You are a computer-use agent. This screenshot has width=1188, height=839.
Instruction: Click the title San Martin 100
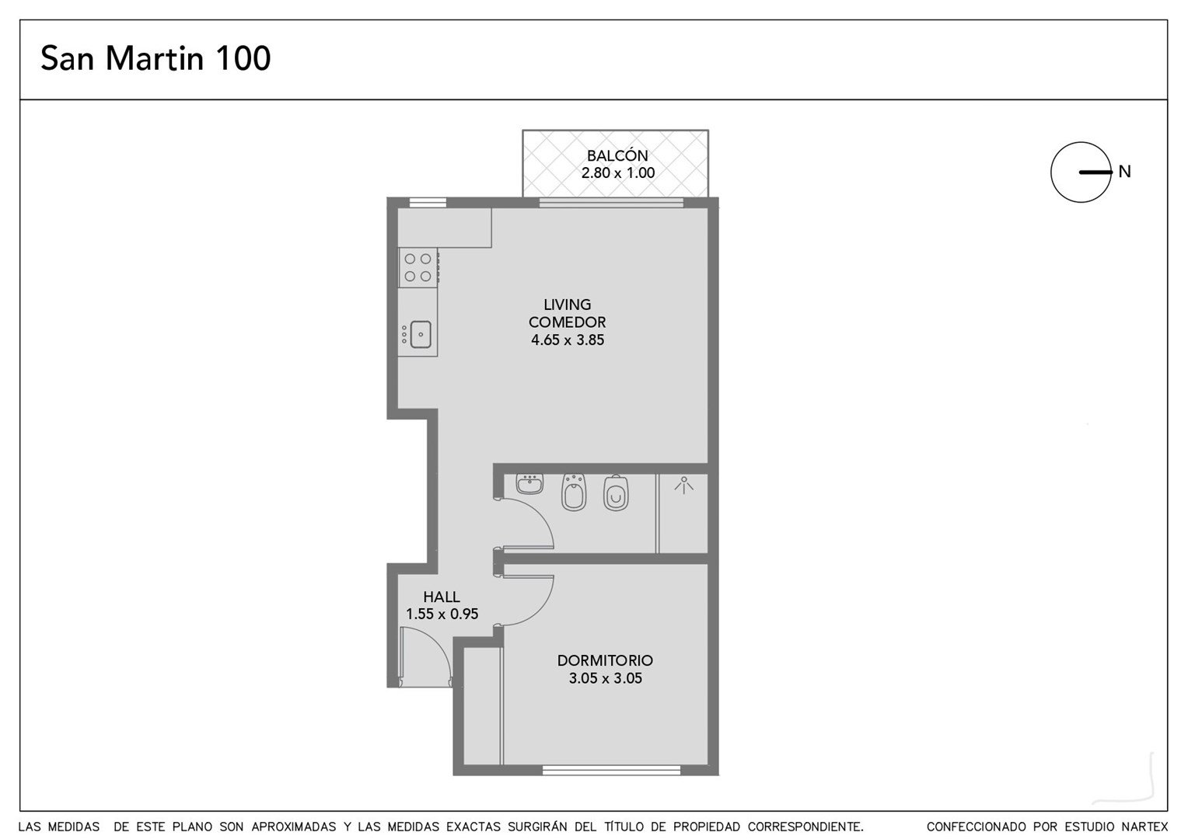click(155, 57)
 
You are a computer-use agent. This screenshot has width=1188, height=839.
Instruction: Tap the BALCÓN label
click(617, 155)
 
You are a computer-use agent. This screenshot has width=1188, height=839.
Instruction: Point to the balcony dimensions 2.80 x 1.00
click(618, 172)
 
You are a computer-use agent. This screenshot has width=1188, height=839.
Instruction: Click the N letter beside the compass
click(1124, 172)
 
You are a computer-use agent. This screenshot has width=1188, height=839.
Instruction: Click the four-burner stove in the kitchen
click(418, 268)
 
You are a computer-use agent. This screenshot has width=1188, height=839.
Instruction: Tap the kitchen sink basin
click(421, 334)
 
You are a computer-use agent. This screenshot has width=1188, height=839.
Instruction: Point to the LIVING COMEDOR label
click(567, 313)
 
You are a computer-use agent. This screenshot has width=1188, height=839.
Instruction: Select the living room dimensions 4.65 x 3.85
click(568, 339)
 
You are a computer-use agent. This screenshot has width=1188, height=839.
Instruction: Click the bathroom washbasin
click(529, 484)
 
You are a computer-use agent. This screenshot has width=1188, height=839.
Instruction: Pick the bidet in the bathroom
click(573, 493)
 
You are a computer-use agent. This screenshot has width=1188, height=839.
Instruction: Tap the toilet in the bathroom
click(616, 493)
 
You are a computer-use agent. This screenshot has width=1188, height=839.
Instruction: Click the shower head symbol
click(684, 485)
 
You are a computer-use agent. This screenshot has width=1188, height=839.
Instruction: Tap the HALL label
click(442, 597)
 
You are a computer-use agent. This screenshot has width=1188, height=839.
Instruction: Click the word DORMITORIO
click(605, 660)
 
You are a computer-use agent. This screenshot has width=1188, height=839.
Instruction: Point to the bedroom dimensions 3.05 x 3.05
click(606, 678)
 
